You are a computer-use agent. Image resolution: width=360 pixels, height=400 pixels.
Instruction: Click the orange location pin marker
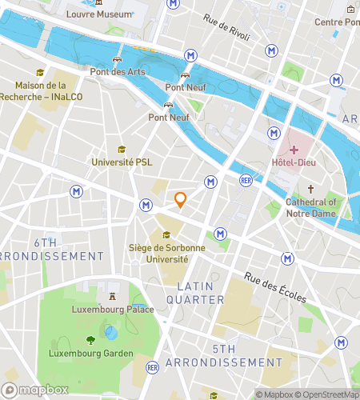point(181,200)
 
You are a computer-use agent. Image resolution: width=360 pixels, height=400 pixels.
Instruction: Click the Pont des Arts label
point(118,72)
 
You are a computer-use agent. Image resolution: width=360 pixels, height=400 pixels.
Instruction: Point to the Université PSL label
point(122,162)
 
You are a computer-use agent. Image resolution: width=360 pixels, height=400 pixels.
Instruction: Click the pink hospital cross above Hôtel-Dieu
point(294,150)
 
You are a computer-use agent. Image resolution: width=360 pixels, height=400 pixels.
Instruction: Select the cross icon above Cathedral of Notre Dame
point(311,190)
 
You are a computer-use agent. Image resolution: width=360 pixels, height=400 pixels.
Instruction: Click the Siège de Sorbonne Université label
point(166,254)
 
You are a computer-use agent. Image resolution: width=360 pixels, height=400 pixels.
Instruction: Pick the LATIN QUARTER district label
point(201,292)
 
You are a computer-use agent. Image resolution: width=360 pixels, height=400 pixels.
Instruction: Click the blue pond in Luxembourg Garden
point(112,332)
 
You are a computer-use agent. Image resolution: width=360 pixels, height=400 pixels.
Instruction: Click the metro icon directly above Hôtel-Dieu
point(274,132)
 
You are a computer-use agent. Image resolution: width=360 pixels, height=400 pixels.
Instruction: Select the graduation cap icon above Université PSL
point(122,149)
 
